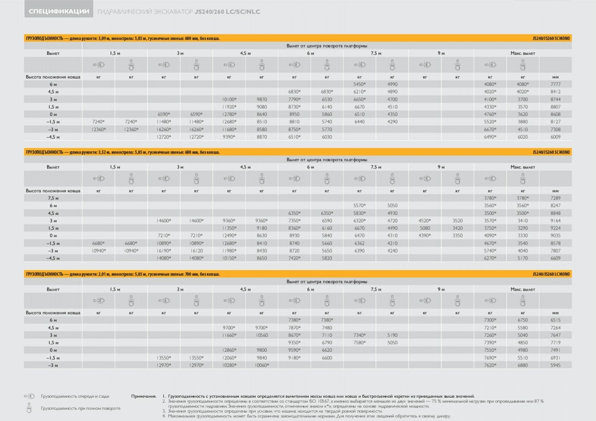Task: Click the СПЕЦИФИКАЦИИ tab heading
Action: [59, 12]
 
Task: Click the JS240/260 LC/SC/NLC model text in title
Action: [228, 12]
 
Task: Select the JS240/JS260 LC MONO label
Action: [551, 274]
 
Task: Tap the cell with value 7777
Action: [555, 84]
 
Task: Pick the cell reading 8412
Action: [555, 92]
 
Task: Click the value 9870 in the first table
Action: [262, 99]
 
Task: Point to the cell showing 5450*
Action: [359, 84]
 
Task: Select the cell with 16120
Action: [196, 251]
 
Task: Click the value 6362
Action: [359, 243]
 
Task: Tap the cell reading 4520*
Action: [425, 221]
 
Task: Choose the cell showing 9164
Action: [555, 221]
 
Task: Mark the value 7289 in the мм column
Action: [555, 198]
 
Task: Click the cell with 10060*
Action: [262, 365]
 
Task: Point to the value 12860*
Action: [229, 350]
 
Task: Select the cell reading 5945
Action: [555, 365]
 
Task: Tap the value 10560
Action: [262, 335]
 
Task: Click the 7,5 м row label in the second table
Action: [53, 198]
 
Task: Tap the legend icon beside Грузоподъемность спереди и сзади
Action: [29, 396]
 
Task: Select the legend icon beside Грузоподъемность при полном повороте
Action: [29, 408]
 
